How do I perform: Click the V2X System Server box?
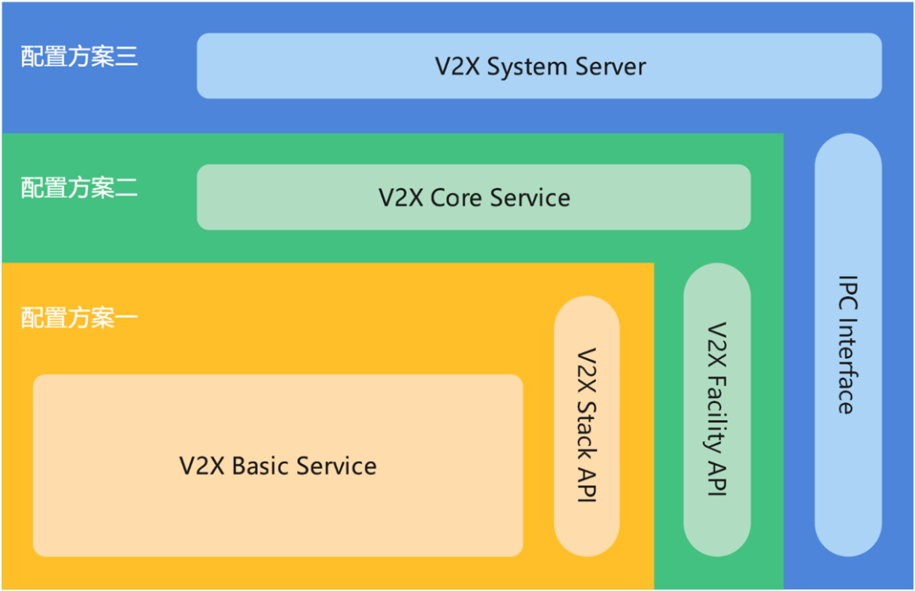click(x=539, y=66)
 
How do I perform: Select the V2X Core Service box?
click(x=474, y=197)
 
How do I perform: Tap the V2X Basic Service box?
click(x=278, y=466)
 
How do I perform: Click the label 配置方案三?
click(x=79, y=58)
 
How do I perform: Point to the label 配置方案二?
click(x=79, y=188)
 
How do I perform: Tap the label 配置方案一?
click(x=79, y=318)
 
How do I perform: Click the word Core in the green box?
click(x=457, y=197)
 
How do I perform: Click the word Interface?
click(x=847, y=367)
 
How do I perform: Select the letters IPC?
click(x=847, y=294)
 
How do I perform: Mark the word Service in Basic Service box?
click(x=335, y=466)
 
